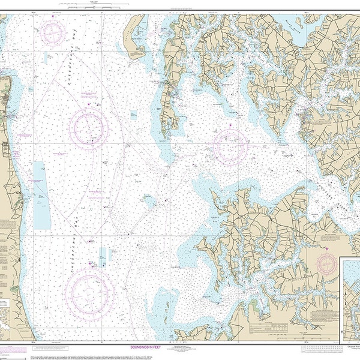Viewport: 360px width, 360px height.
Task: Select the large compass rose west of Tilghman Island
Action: [88, 128]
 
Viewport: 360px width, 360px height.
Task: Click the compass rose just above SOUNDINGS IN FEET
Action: [89, 292]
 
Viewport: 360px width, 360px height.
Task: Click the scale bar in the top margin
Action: [75, 5]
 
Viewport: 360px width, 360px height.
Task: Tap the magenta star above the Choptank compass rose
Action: [231, 124]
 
